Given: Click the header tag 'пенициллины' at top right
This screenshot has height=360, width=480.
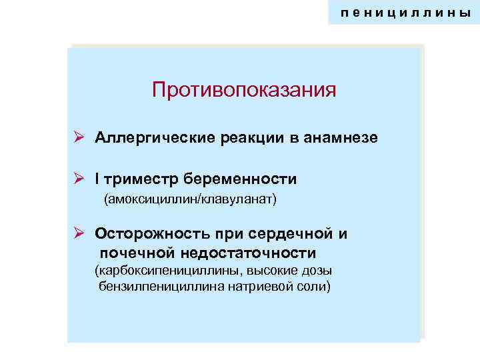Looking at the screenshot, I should click(x=405, y=13).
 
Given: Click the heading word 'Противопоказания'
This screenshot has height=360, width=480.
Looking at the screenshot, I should click(x=244, y=89).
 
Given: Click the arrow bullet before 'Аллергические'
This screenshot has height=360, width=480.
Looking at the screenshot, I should click(x=78, y=137).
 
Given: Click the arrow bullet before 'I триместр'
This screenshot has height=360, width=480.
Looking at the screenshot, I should click(x=78, y=179).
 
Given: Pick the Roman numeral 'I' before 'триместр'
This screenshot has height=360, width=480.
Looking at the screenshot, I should click(x=97, y=179).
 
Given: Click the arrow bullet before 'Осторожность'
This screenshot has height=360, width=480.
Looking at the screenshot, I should click(x=78, y=233).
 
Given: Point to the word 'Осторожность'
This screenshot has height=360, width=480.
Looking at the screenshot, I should click(x=151, y=234).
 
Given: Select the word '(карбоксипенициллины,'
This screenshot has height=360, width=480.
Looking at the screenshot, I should click(x=169, y=271).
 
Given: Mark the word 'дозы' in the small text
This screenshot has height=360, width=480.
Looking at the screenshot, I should click(x=317, y=271).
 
